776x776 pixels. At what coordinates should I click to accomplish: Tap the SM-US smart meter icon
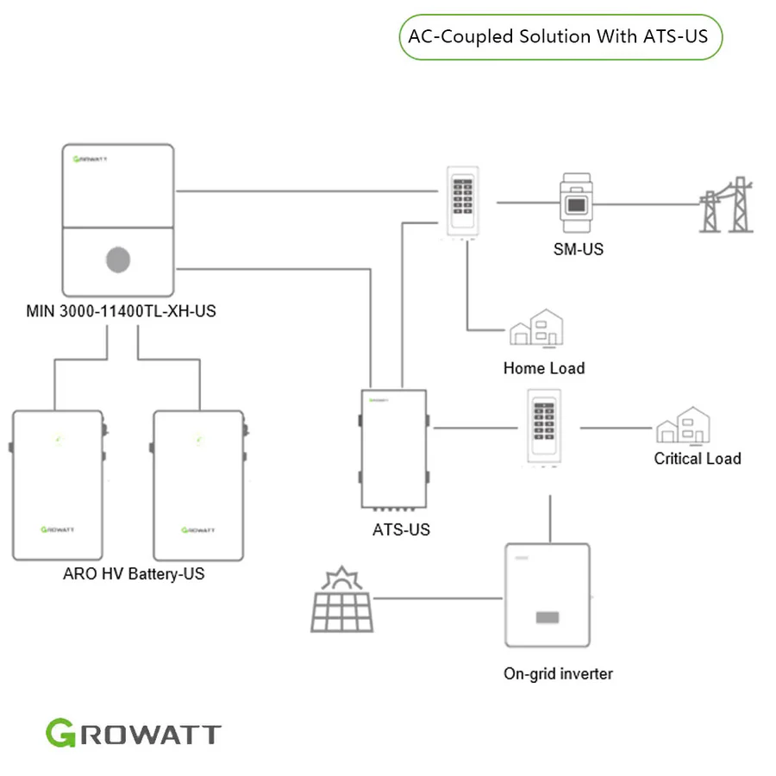click(577, 204)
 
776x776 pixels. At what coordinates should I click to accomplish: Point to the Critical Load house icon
click(683, 425)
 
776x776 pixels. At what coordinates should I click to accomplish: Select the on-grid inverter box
click(547, 595)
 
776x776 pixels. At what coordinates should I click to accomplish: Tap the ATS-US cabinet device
click(394, 448)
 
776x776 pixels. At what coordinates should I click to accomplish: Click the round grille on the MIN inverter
click(119, 260)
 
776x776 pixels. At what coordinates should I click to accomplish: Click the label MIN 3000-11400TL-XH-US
click(121, 311)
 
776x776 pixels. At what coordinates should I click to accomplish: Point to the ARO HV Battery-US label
click(134, 573)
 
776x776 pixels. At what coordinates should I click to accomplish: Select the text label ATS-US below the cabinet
click(401, 529)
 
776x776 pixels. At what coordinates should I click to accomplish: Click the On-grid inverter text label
click(558, 673)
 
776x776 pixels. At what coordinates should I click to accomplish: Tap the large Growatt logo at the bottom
click(134, 734)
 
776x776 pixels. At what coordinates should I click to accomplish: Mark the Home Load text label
click(544, 368)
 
